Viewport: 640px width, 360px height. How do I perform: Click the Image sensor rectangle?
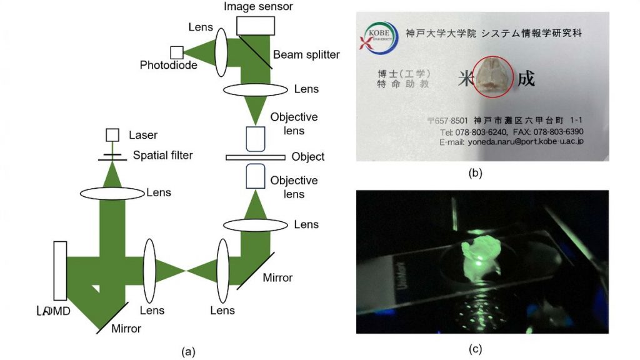click(256, 25)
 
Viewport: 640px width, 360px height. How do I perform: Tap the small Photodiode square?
click(177, 52)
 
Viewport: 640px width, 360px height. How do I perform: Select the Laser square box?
click(112, 135)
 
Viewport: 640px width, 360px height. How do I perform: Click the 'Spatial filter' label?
click(163, 154)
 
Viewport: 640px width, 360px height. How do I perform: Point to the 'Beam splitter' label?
click(306, 55)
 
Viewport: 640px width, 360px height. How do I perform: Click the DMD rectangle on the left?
click(60, 270)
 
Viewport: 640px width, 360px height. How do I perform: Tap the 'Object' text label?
click(308, 157)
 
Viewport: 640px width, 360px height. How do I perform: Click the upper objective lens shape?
click(256, 139)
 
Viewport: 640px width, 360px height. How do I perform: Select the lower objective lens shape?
click(256, 176)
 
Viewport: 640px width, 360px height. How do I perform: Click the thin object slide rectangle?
click(254, 157)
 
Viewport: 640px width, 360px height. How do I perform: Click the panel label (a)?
click(187, 352)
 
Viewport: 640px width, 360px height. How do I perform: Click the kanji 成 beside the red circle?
click(526, 79)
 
